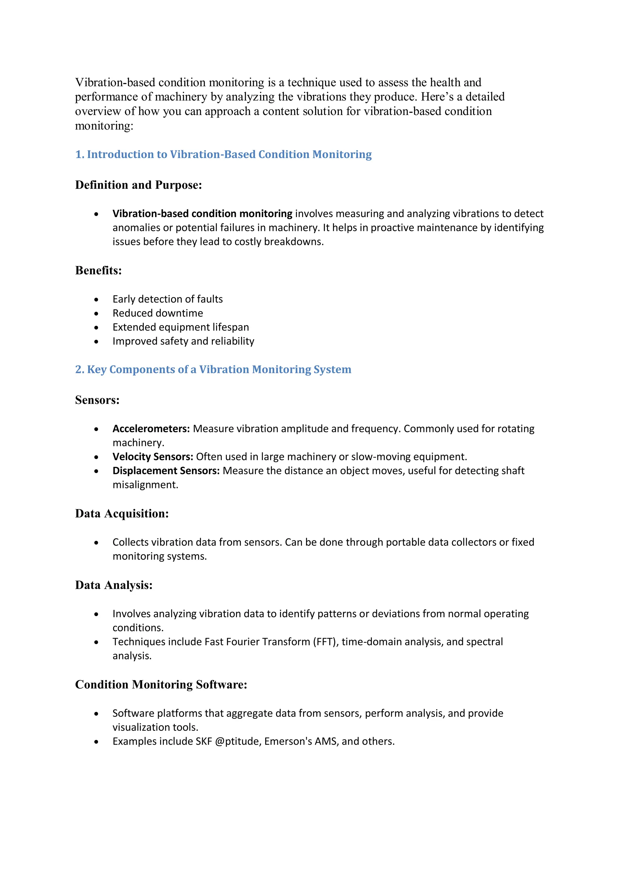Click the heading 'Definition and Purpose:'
point(138,185)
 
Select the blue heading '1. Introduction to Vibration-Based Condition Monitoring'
point(223,154)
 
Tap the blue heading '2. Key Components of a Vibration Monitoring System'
point(213,369)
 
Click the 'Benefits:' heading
point(98,270)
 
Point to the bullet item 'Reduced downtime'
point(157,313)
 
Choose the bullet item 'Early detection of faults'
point(167,299)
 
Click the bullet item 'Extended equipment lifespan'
point(180,327)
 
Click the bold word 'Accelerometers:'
point(151,429)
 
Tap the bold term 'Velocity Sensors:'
point(153,457)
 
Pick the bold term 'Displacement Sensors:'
point(166,471)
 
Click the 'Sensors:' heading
point(97,400)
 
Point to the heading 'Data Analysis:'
point(114,585)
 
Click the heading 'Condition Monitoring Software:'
point(161,684)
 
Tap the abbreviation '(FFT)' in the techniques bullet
point(326,642)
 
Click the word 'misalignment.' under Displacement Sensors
point(145,485)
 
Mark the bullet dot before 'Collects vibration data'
point(96,543)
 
